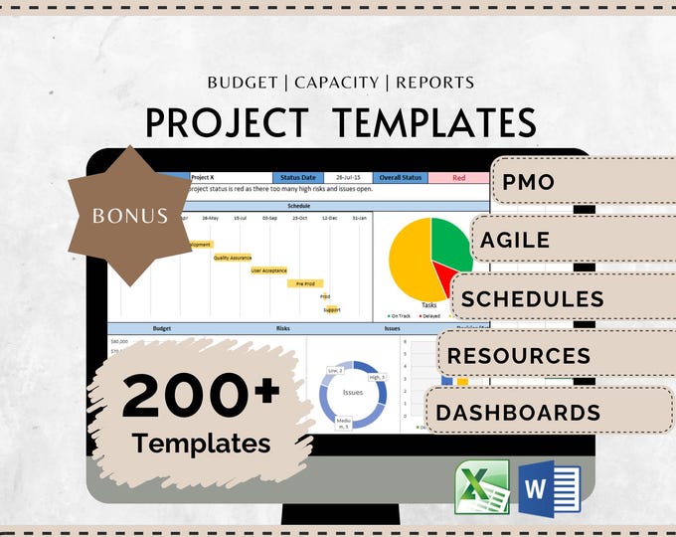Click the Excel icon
click(482, 486)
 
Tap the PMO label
click(528, 183)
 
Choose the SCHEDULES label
click(533, 298)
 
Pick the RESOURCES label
click(519, 355)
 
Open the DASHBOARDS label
click(517, 413)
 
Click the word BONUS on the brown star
click(131, 214)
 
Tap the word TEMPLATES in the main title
click(434, 122)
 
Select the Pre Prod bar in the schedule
click(305, 283)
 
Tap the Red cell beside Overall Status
click(458, 178)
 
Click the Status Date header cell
click(297, 178)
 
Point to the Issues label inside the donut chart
click(353, 392)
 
